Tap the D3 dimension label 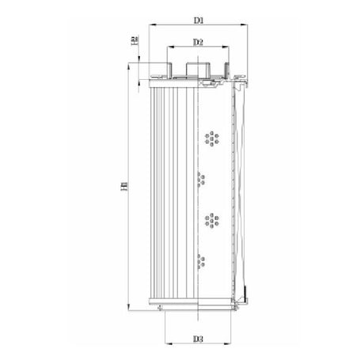tap(199, 339)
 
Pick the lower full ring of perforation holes tap(211, 219)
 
